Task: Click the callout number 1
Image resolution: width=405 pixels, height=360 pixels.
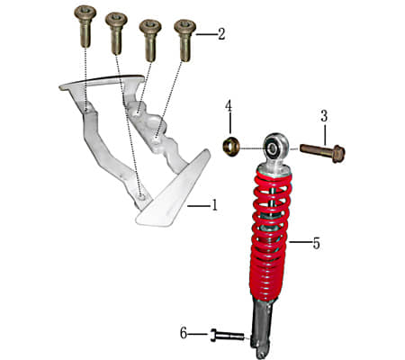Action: click(x=214, y=205)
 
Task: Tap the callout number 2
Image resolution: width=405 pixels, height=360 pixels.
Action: click(x=220, y=34)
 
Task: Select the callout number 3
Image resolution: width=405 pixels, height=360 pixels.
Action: click(x=323, y=115)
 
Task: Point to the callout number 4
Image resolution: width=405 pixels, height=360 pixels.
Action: click(x=229, y=106)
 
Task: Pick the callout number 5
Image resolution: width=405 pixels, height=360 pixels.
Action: click(x=316, y=242)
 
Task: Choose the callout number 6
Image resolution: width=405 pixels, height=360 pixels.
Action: click(x=184, y=333)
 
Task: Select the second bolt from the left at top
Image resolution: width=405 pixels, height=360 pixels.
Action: click(x=117, y=31)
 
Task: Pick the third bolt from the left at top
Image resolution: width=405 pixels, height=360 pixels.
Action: click(x=150, y=36)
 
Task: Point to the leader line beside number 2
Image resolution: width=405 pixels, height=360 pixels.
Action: click(x=205, y=34)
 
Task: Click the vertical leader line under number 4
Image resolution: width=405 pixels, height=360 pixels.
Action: click(x=229, y=123)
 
